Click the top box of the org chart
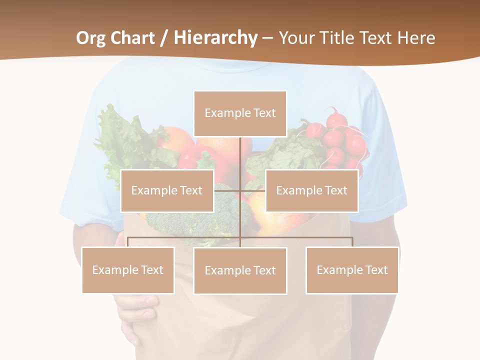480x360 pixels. tap(240, 113)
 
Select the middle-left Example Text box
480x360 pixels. tap(167, 190)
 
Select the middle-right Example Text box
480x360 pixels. tap(311, 190)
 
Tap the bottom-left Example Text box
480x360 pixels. tap(128, 270)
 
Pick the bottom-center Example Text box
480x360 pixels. tap(240, 270)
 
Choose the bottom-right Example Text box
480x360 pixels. tap(352, 270)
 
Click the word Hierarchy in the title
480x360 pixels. tap(215, 38)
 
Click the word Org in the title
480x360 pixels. tap(91, 38)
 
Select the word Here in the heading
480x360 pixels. tap(416, 38)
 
